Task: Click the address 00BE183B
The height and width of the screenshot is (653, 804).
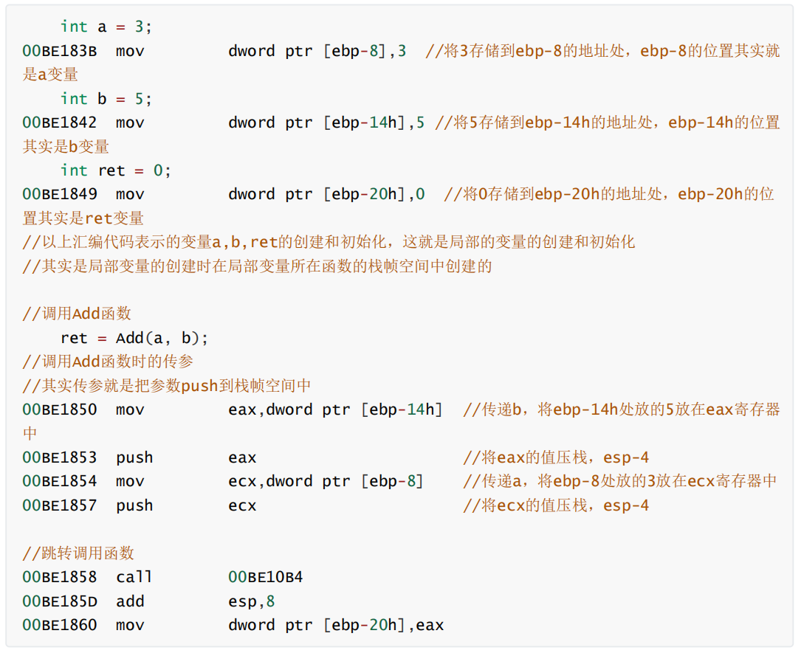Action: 60,51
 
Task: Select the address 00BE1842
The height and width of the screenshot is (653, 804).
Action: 60,122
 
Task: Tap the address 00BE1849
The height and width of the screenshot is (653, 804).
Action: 60,194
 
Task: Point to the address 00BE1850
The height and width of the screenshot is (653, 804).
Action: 60,410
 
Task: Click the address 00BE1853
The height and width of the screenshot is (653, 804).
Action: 60,457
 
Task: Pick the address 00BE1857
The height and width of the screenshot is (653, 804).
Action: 60,505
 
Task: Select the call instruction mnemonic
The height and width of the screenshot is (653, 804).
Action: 134,577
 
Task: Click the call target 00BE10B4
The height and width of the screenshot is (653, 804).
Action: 266,577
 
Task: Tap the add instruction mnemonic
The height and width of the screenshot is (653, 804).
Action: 130,601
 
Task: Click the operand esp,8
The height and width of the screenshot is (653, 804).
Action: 252,602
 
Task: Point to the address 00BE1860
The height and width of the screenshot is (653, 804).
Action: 60,625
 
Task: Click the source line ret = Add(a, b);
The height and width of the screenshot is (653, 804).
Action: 134,338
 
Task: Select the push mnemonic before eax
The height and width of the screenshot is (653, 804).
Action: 134,457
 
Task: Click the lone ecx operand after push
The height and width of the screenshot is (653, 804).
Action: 243,506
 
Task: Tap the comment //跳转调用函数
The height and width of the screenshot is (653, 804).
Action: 78,553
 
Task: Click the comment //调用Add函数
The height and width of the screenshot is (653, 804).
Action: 77,313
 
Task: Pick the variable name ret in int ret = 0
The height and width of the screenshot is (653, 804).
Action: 111,170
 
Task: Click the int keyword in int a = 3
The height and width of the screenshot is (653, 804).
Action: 74,26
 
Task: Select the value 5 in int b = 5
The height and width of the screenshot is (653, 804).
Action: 140,98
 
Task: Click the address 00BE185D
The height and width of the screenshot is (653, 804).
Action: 60,601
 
